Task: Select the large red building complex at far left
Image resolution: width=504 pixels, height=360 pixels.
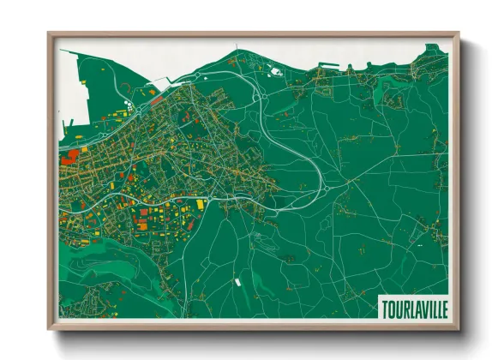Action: point(68,157)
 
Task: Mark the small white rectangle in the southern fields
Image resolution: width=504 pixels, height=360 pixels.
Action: point(237,280)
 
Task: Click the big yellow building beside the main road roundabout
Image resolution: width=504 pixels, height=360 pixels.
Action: point(201,205)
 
